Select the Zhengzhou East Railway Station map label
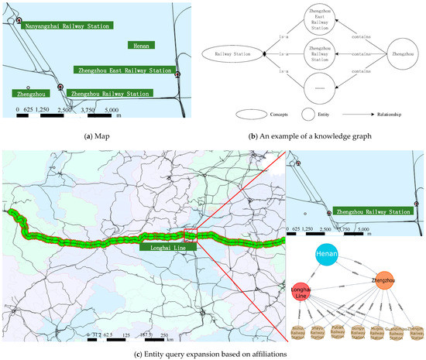(x=122, y=70)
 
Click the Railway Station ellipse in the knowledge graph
(x=233, y=54)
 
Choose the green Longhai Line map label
(x=161, y=248)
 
